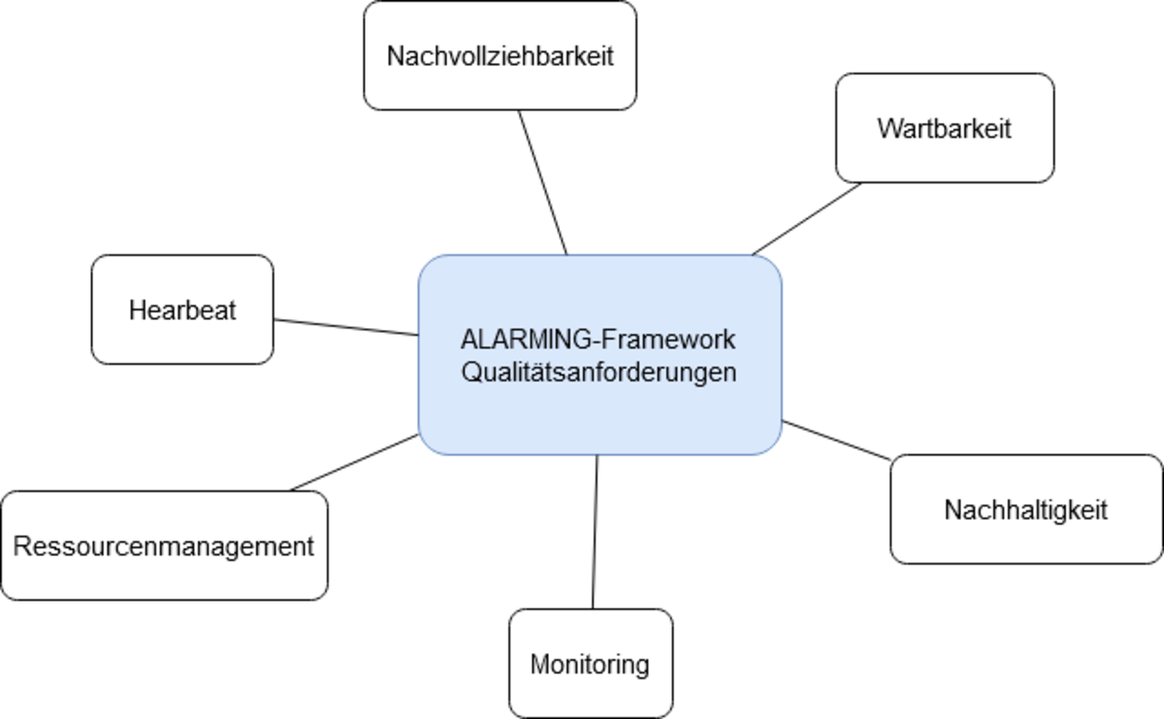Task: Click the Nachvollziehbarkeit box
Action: pyautogui.click(x=500, y=55)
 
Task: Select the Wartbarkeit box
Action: pyautogui.click(x=944, y=128)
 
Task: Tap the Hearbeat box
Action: pyautogui.click(x=182, y=310)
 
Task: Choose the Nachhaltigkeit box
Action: pyautogui.click(x=1025, y=510)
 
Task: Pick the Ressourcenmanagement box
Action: pyautogui.click(x=163, y=546)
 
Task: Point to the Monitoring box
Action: pyautogui.click(x=590, y=665)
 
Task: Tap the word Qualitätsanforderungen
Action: pyautogui.click(x=599, y=373)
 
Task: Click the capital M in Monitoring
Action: pyautogui.click(x=538, y=665)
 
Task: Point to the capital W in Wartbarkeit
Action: pyautogui.click(x=888, y=128)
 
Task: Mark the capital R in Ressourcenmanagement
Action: pyautogui.click(x=20, y=546)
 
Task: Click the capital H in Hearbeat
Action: pyautogui.click(x=137, y=310)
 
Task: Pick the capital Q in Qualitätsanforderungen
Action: pyautogui.click(x=470, y=373)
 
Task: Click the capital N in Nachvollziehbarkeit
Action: pyautogui.click(x=395, y=55)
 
